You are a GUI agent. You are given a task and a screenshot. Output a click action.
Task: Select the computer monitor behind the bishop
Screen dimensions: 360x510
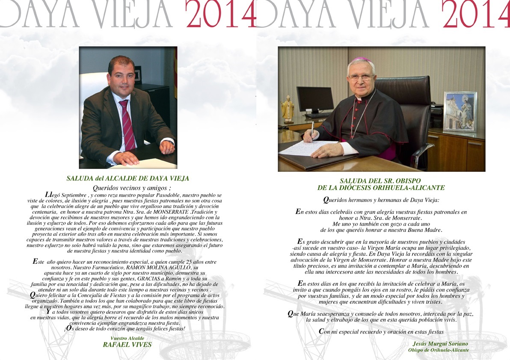tap(315, 100)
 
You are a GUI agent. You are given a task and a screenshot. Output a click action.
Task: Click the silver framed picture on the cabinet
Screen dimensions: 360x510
tap(460, 111)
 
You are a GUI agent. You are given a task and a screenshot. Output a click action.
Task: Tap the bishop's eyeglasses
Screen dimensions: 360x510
tap(361, 77)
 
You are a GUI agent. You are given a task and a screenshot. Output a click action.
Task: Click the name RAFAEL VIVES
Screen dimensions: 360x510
tap(127, 345)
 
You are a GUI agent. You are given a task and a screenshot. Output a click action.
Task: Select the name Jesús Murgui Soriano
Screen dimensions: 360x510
tap(440, 344)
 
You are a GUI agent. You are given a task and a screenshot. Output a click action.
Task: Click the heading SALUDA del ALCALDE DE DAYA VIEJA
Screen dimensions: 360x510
tap(128, 178)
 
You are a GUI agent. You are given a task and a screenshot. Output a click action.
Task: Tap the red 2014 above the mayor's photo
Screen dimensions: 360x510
tap(220, 15)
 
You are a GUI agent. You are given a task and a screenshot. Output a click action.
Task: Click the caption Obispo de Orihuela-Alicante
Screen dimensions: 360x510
tap(439, 350)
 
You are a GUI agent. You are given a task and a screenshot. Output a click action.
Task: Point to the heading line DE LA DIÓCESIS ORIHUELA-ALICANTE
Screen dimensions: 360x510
tap(381, 187)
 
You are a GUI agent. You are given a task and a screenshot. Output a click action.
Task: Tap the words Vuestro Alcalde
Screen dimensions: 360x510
tap(127, 338)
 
